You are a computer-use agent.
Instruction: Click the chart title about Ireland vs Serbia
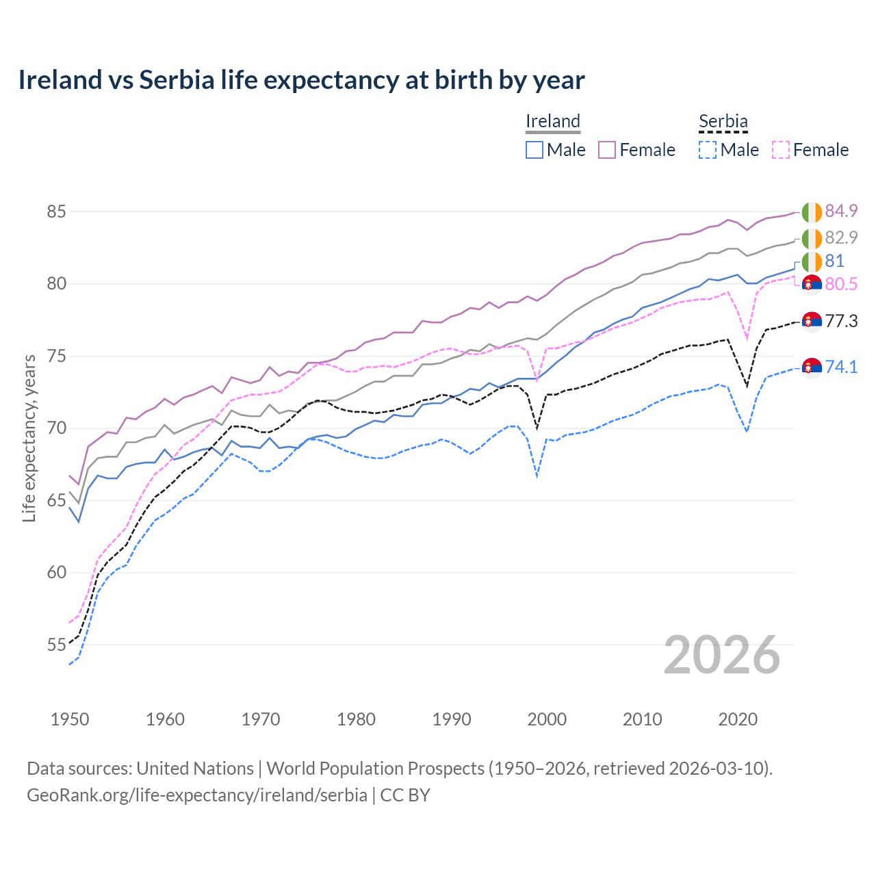tap(301, 80)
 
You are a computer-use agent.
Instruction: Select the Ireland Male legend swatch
tap(534, 150)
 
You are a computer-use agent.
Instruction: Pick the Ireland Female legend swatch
tap(607, 150)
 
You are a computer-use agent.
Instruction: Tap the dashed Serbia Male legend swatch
tap(708, 150)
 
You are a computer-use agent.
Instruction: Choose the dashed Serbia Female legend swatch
tap(781, 150)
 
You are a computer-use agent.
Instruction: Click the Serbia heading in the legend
tap(723, 122)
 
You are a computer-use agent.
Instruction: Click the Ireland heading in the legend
tap(553, 122)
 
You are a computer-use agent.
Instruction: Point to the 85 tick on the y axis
tap(56, 211)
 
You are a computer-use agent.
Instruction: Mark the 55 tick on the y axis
tap(56, 645)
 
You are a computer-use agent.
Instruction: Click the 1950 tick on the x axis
tap(70, 719)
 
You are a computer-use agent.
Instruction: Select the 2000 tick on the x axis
tap(547, 719)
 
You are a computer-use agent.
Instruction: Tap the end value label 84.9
tap(841, 211)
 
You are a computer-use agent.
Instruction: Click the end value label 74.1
tap(841, 367)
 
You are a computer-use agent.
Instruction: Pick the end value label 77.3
tap(841, 321)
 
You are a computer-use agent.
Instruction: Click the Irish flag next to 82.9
tap(812, 239)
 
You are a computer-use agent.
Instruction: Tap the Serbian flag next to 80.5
tap(812, 284)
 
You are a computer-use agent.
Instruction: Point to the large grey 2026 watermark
tap(722, 655)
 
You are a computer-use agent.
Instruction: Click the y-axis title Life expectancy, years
tap(29, 438)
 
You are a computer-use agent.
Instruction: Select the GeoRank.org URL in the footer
tap(197, 795)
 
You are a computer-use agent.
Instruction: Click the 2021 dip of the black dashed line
tap(747, 386)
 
